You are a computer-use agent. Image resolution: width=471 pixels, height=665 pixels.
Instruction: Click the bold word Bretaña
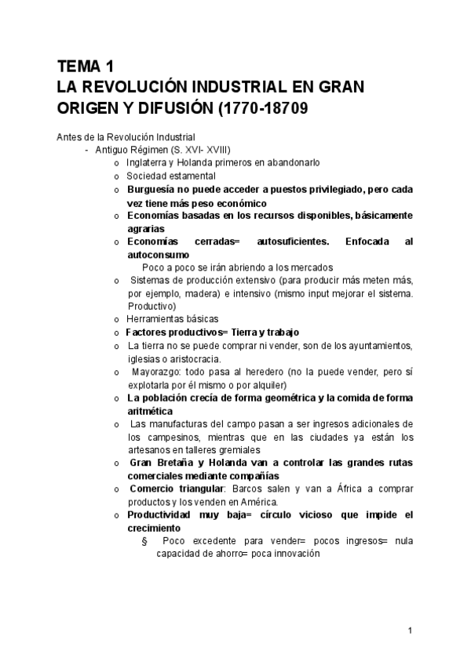[x=177, y=463]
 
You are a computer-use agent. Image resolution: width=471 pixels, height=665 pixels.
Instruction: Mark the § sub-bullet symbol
[x=144, y=541]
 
